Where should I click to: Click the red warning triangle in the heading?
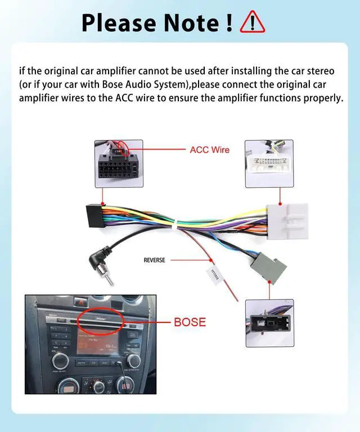252,22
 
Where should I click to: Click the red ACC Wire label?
210,150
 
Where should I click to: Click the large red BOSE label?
190,322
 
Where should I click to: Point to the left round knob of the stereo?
60,360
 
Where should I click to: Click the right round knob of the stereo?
134,361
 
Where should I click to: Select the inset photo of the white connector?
269,164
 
